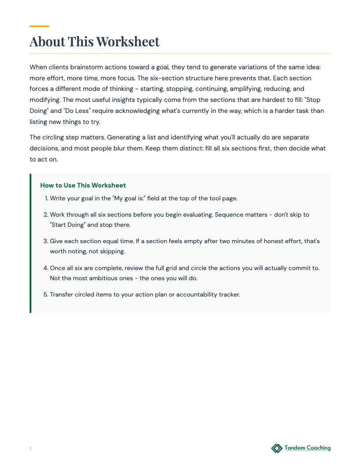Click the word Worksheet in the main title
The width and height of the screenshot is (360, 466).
[127, 41]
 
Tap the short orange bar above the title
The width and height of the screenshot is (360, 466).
[39, 26]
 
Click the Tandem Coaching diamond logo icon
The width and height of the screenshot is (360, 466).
[277, 448]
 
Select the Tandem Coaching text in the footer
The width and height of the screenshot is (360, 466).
[307, 448]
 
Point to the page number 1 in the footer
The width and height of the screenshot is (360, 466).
[30, 449]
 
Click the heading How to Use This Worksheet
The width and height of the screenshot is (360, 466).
[83, 185]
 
